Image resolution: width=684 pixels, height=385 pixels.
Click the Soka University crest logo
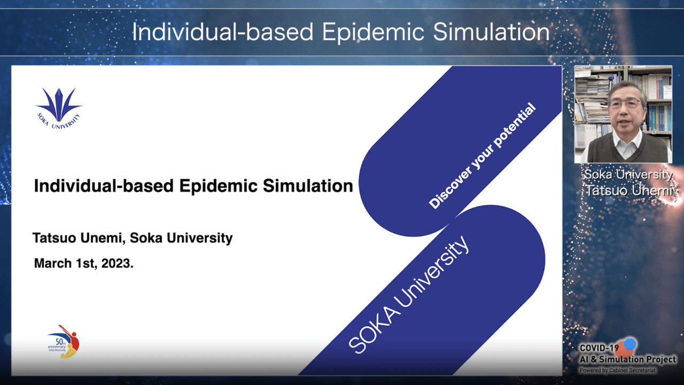coord(59,109)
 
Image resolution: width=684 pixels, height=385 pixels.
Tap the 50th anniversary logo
coord(64,342)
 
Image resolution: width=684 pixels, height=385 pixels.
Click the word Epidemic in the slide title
coord(219,186)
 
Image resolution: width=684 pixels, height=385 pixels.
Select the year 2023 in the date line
coord(117,264)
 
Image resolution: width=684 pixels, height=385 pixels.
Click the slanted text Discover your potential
coord(482,156)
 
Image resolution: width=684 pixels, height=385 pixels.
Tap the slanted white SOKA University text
coord(409,294)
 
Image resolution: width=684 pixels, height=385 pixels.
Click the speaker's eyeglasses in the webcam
coord(625,104)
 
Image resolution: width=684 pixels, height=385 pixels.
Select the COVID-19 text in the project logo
coord(599,348)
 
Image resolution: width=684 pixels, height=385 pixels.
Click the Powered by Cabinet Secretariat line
coord(617,371)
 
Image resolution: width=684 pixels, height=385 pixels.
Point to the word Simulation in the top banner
coord(491,32)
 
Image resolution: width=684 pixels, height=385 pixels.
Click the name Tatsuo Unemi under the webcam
coord(629,191)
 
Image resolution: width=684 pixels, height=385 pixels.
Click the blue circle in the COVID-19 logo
coord(629,344)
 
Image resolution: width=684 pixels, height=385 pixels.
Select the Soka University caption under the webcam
coord(628,174)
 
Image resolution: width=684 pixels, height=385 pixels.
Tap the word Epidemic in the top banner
coord(373,33)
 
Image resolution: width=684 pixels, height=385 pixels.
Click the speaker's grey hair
coord(627,89)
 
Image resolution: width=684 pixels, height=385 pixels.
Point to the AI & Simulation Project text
coord(628,359)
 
